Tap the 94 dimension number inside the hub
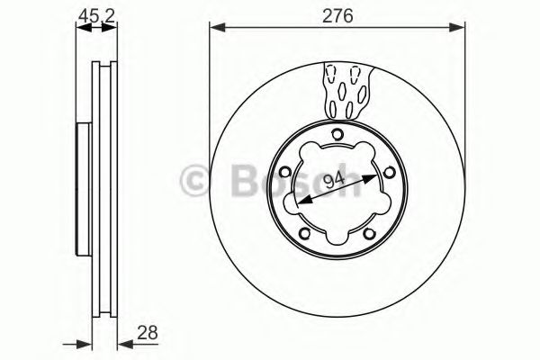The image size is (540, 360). coord(334,181)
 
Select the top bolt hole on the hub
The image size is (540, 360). coord(337,136)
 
